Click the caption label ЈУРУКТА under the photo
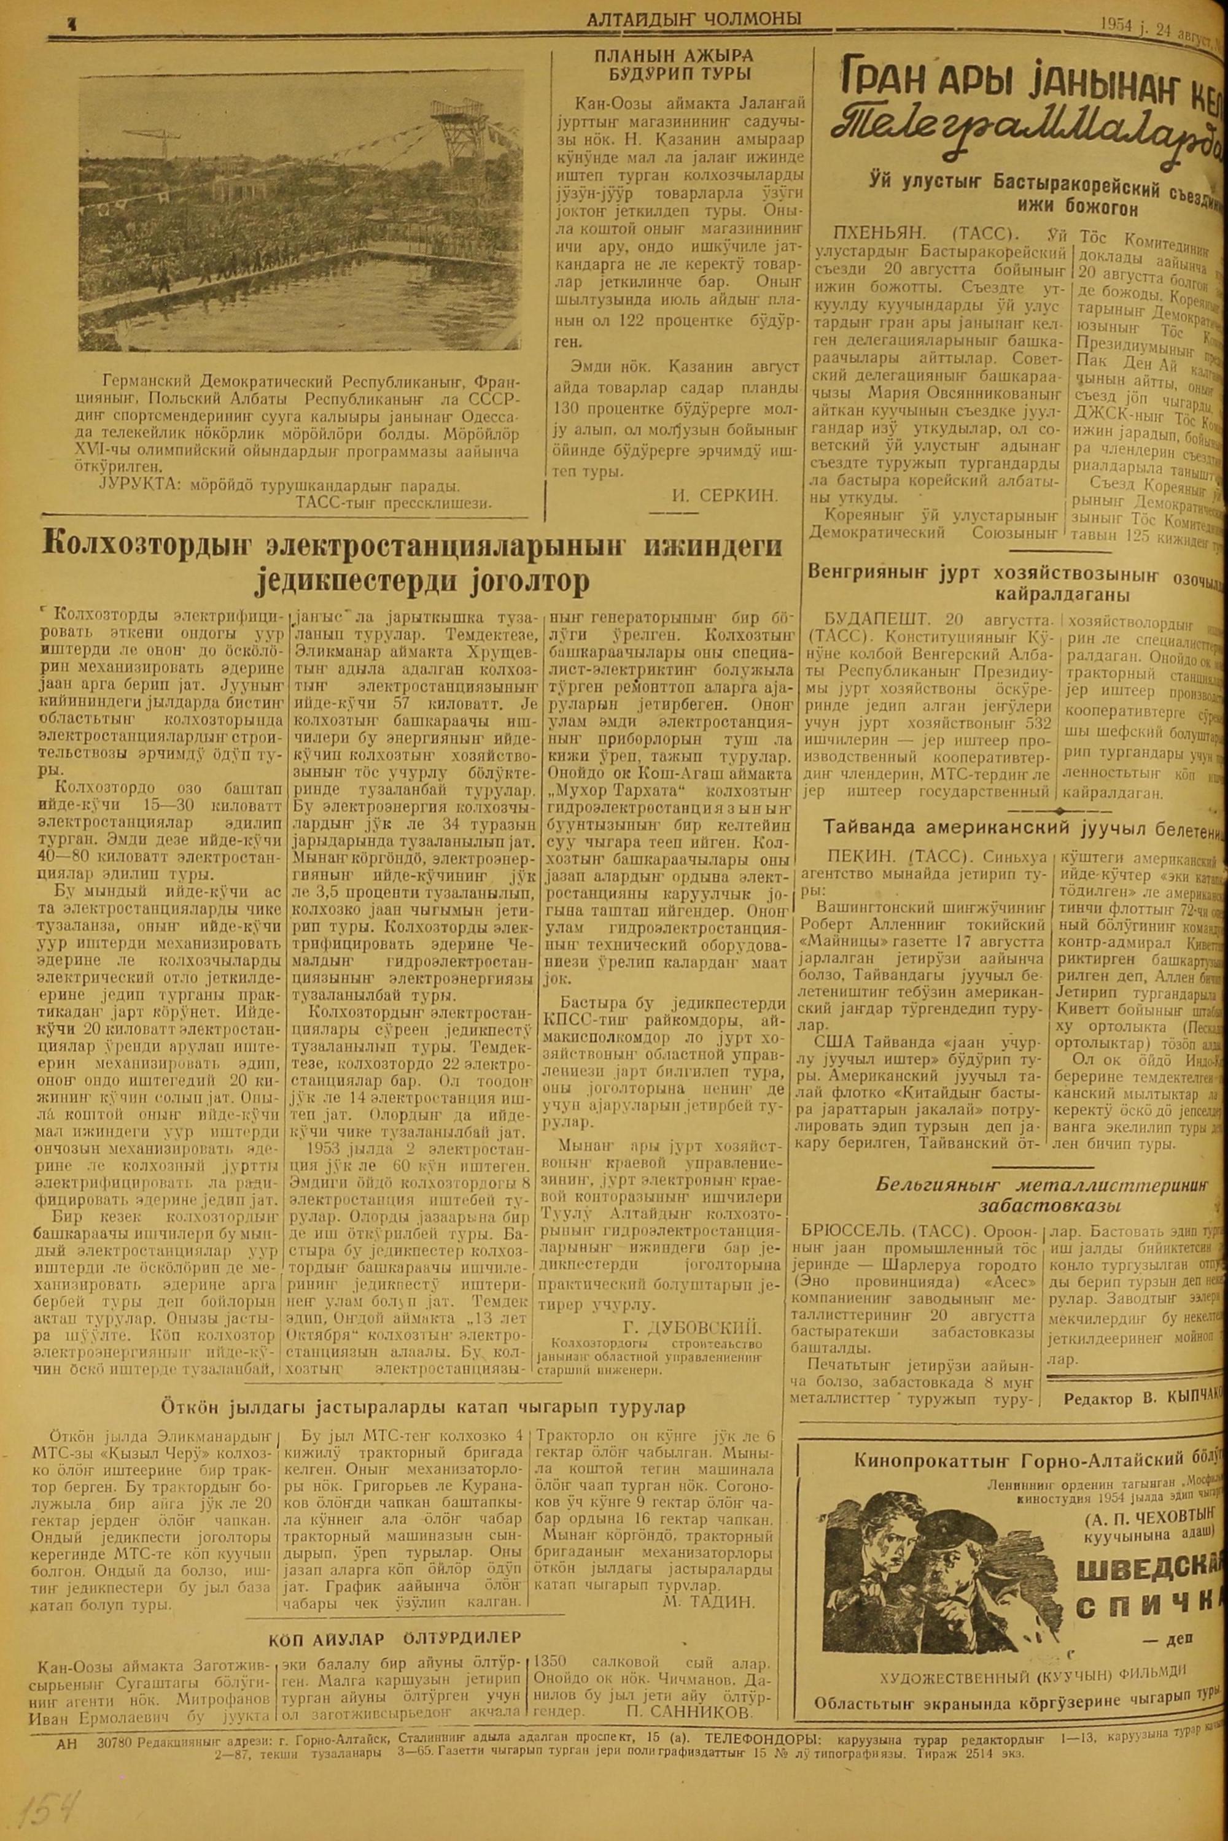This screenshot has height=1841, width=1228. point(134,485)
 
